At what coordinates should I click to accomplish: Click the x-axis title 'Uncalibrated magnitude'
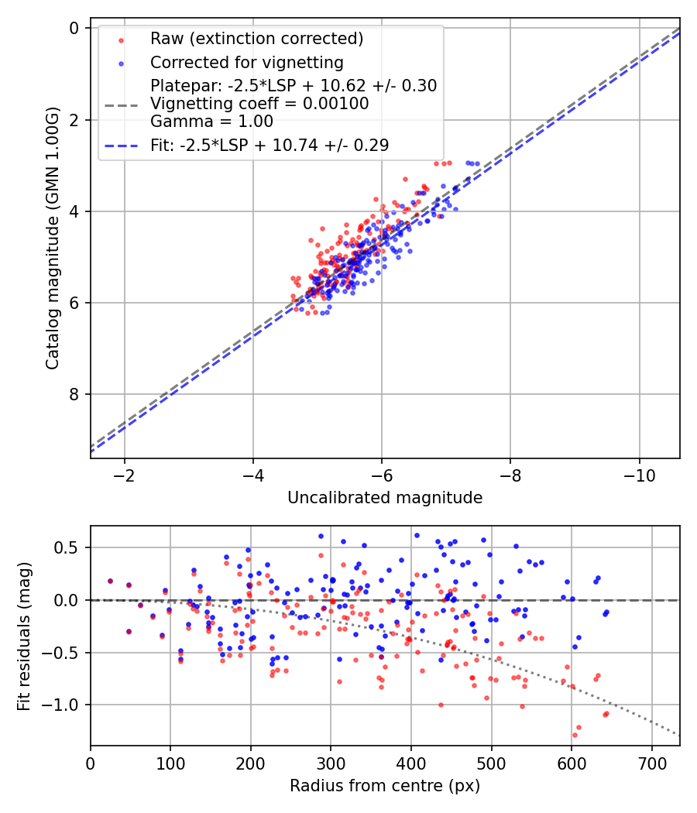(385, 498)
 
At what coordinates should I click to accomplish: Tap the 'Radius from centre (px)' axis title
(385, 786)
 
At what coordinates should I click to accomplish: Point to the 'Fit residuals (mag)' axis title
(25, 636)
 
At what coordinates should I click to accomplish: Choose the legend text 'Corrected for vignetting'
(246, 63)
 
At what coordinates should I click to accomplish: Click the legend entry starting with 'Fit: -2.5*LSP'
(270, 145)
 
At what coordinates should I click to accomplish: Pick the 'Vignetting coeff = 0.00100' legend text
(259, 103)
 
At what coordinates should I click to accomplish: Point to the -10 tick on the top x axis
(638, 473)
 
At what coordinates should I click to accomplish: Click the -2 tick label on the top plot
(124, 473)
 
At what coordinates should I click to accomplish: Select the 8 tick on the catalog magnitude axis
(75, 394)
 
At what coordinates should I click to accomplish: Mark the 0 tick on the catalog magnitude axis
(75, 28)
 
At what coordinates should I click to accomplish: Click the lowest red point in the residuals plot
(575, 735)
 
